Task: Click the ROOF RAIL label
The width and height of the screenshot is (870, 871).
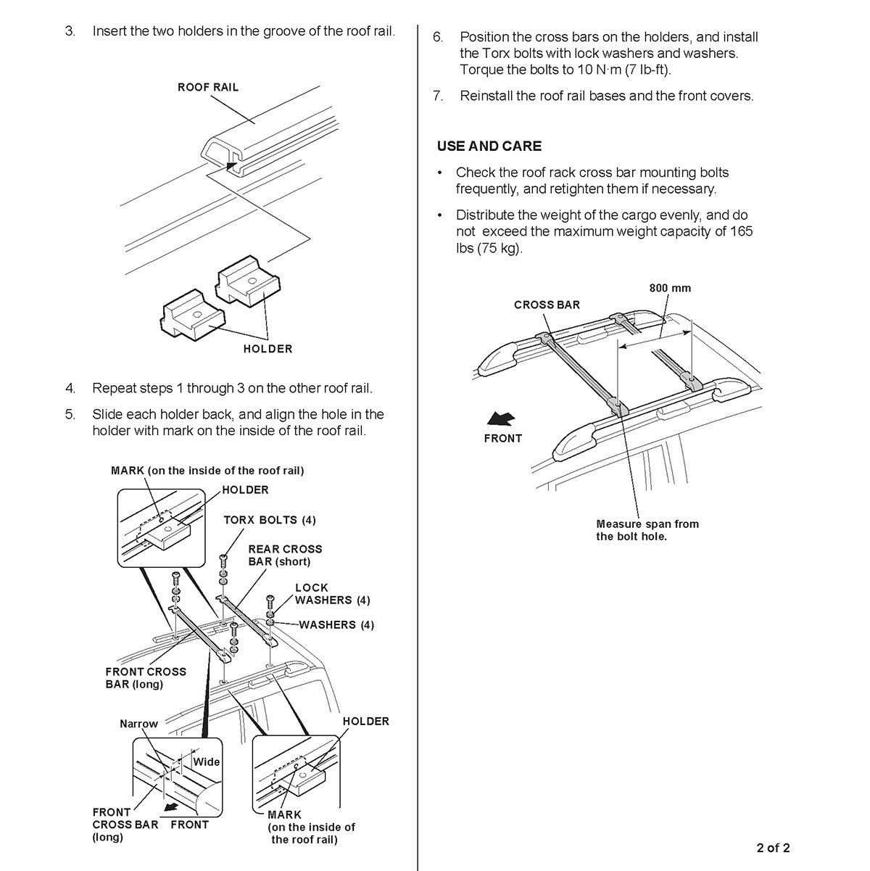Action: coord(208,87)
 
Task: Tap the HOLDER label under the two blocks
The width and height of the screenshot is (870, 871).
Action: coord(268,349)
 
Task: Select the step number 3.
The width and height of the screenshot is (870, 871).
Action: coord(70,32)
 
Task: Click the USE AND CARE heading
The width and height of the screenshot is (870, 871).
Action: coord(489,146)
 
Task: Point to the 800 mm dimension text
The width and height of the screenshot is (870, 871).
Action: coord(670,288)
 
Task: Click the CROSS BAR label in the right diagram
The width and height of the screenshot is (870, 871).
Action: coord(547,305)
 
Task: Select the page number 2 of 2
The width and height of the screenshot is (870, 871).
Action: coord(769,848)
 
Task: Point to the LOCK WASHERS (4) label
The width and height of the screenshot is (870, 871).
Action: coord(332,594)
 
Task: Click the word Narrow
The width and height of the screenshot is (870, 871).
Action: coord(138,724)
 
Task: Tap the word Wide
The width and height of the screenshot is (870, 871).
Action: coord(206,761)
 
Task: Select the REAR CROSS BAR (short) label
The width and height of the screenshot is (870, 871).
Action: coord(285,556)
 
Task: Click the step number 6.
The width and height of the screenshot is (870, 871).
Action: coord(438,37)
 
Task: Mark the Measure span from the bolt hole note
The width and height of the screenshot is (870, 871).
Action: coord(647,530)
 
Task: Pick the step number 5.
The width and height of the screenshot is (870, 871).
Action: coord(70,415)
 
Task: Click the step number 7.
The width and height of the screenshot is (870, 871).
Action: coord(438,96)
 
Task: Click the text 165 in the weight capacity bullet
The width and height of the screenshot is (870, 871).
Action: coord(742,231)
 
